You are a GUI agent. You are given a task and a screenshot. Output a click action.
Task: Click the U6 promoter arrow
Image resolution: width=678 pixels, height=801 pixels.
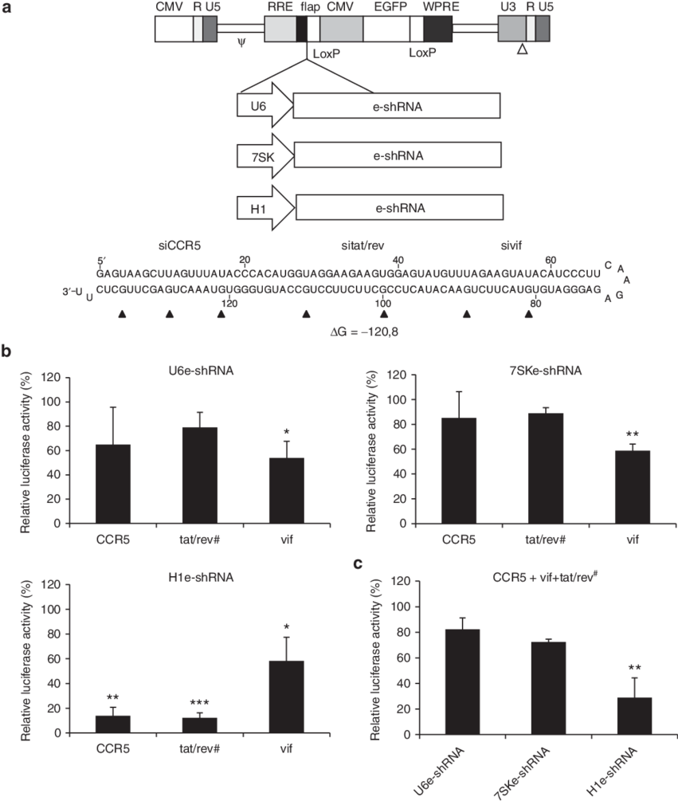tap(265, 105)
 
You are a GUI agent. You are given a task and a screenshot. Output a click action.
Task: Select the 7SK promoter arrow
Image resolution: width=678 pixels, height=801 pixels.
tap(265, 155)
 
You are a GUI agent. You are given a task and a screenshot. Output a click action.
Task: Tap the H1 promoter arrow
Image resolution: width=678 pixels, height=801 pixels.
tap(265, 208)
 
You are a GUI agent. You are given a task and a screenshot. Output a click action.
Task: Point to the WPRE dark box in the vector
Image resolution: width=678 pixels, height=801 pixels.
tap(437, 29)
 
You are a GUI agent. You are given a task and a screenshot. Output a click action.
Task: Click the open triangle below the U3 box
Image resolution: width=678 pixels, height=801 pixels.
tap(522, 49)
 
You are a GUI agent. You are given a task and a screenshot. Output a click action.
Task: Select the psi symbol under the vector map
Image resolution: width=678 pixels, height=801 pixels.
tap(241, 42)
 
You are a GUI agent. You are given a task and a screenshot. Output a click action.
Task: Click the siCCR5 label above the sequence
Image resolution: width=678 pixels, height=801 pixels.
tap(179, 245)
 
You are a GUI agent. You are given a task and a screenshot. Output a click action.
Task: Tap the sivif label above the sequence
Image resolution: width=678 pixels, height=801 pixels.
tap(511, 245)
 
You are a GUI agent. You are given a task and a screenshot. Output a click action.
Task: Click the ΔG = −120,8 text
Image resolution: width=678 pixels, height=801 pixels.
tap(364, 332)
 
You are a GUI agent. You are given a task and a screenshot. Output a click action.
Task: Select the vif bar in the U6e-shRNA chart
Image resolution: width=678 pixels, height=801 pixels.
tap(286, 490)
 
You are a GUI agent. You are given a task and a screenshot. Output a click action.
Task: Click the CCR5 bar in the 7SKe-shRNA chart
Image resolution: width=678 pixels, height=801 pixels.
tap(459, 470)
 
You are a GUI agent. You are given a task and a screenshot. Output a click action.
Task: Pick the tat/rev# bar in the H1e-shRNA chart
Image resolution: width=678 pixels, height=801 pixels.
tap(200, 725)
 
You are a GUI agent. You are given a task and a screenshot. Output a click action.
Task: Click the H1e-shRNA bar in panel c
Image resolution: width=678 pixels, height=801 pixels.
tap(635, 716)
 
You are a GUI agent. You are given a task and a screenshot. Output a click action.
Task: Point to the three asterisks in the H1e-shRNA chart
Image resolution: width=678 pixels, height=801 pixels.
tap(199, 703)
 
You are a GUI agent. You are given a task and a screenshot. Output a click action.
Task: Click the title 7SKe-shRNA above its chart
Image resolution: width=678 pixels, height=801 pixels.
tap(545, 371)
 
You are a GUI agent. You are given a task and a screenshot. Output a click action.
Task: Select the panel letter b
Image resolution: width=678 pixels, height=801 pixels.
tap(6, 351)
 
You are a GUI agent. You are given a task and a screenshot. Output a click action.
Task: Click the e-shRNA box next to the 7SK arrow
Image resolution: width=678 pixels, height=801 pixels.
tap(398, 155)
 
